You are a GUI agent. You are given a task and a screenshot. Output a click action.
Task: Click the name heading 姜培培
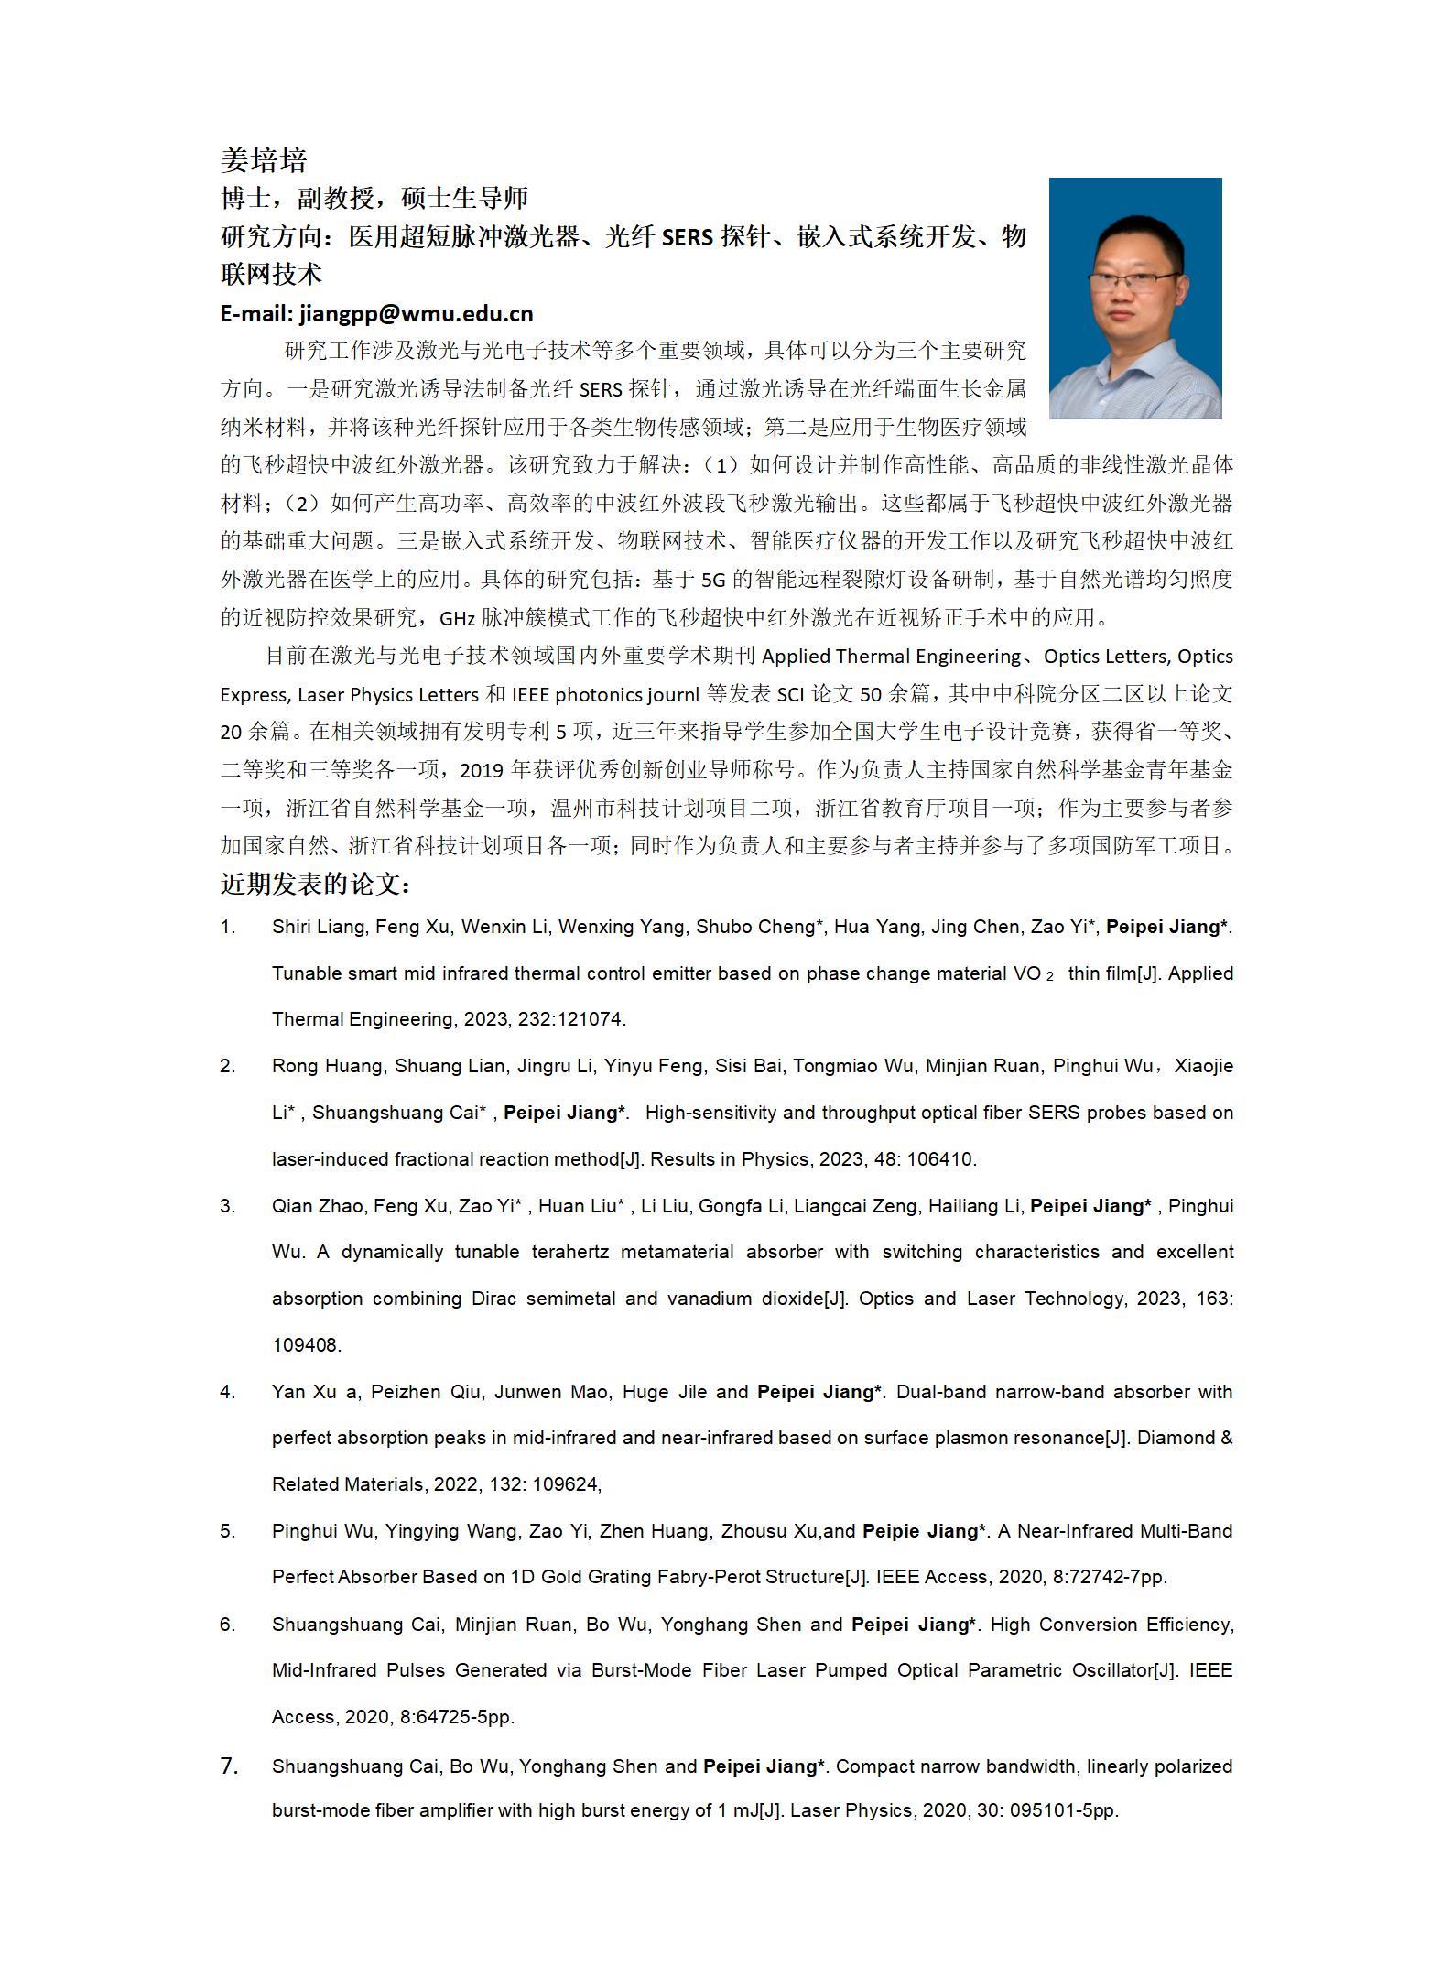pyautogui.click(x=263, y=160)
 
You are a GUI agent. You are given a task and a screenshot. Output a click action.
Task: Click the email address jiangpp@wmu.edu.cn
pyautogui.click(x=416, y=313)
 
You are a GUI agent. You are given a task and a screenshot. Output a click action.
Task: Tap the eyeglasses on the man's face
pyautogui.click(x=1133, y=282)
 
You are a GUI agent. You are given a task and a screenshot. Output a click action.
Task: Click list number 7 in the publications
pyautogui.click(x=229, y=1766)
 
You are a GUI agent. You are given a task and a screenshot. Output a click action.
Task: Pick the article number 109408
pyautogui.click(x=306, y=1345)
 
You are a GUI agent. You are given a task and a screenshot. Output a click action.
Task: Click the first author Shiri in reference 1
pyautogui.click(x=291, y=927)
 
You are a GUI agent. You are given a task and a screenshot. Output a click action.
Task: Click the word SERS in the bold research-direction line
pyautogui.click(x=687, y=237)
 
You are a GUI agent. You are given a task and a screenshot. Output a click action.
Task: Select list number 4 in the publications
pyautogui.click(x=227, y=1392)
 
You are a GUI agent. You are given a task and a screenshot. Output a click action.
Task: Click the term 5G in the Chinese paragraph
pyautogui.click(x=712, y=580)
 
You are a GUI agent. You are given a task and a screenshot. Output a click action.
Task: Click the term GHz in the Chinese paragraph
pyautogui.click(x=457, y=618)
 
